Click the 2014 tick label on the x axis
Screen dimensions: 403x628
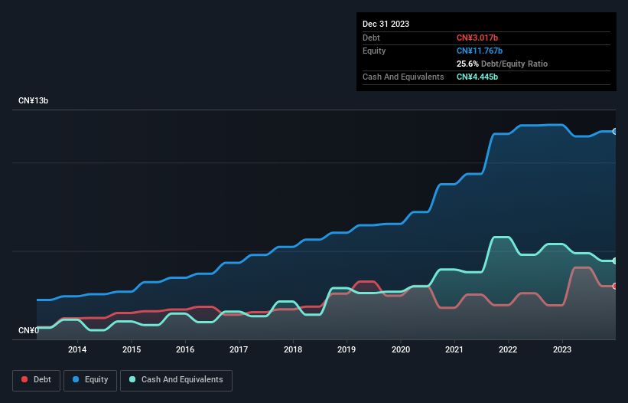click(x=77, y=350)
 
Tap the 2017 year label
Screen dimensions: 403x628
click(x=239, y=350)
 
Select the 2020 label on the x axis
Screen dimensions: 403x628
click(x=401, y=350)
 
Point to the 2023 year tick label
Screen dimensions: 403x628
click(x=562, y=350)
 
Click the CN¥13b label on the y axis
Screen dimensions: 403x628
click(x=34, y=101)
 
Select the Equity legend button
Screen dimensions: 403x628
click(x=90, y=380)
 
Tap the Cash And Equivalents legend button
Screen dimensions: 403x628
click(x=176, y=380)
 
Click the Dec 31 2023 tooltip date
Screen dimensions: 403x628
click(x=386, y=24)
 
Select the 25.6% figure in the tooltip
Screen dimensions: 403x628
click(x=467, y=64)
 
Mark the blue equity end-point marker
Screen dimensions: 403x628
click(x=615, y=132)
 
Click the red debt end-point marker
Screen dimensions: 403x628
click(x=615, y=286)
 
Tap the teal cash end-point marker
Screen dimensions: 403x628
click(x=615, y=261)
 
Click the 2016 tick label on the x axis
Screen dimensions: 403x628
click(x=185, y=350)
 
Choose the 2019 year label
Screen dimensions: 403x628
click(x=347, y=350)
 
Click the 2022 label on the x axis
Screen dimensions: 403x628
click(x=508, y=350)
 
